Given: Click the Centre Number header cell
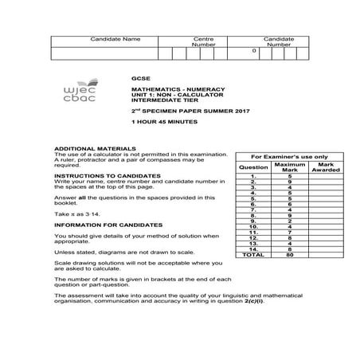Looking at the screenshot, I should (x=204, y=41).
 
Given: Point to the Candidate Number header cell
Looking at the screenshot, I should (x=279, y=41).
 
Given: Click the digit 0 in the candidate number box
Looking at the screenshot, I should (x=254, y=51).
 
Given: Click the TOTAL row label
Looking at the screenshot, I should (x=253, y=255).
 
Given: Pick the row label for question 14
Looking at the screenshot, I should (x=253, y=249).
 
